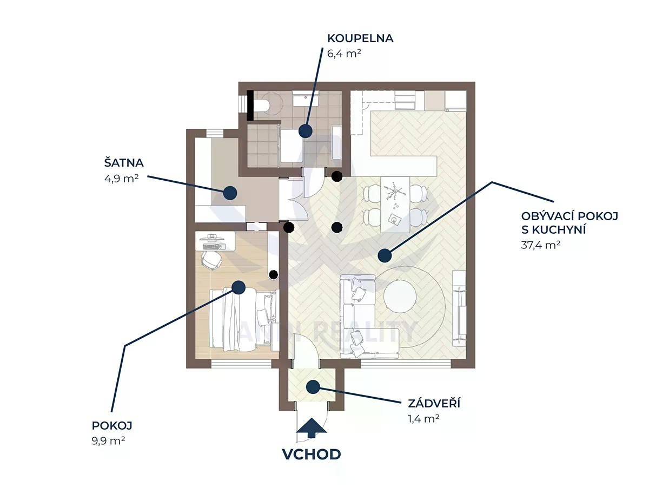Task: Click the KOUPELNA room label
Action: [x=360, y=38]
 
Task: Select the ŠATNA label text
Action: [x=124, y=162]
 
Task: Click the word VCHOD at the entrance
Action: [x=312, y=454]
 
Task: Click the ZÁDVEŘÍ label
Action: [x=434, y=403]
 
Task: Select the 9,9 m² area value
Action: [x=109, y=440]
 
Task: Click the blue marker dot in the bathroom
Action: [x=306, y=131]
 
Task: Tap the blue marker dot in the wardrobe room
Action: [x=231, y=192]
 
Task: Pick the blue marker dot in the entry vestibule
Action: [x=313, y=387]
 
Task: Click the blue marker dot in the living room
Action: [x=384, y=255]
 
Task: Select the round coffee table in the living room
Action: [x=400, y=295]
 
